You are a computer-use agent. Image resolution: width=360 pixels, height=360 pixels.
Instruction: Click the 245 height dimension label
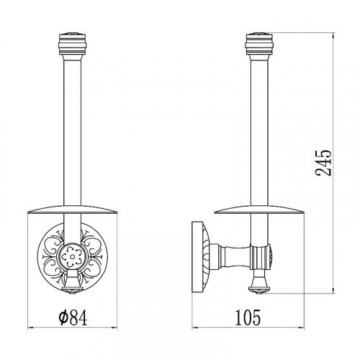tap(323, 163)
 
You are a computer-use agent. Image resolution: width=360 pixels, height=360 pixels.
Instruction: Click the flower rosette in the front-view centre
tap(72, 257)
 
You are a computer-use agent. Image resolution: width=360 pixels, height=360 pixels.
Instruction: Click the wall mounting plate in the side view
tap(201, 257)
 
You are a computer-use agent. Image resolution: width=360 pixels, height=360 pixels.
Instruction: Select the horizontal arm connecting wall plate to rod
tap(230, 257)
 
